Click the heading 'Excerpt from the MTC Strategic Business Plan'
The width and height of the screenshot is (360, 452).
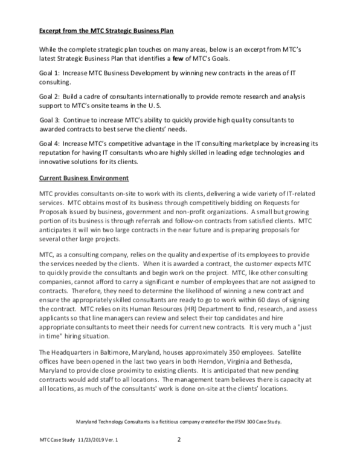104,29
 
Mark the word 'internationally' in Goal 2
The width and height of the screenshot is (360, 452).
165,97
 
